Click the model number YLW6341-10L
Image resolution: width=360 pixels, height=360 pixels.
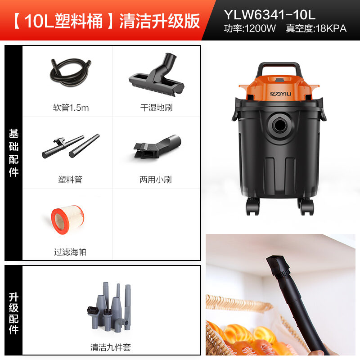point(270,14)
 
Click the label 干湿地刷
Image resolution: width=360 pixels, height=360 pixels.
point(156,108)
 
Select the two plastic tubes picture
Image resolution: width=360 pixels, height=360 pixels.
point(71,146)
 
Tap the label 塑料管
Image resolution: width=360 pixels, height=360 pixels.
point(70,180)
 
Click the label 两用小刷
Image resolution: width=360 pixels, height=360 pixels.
point(156,180)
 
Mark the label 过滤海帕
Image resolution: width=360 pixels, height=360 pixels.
point(70,252)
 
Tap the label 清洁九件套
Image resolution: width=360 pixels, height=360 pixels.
point(111,347)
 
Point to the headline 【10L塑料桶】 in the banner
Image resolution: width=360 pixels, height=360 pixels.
point(58,21)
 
